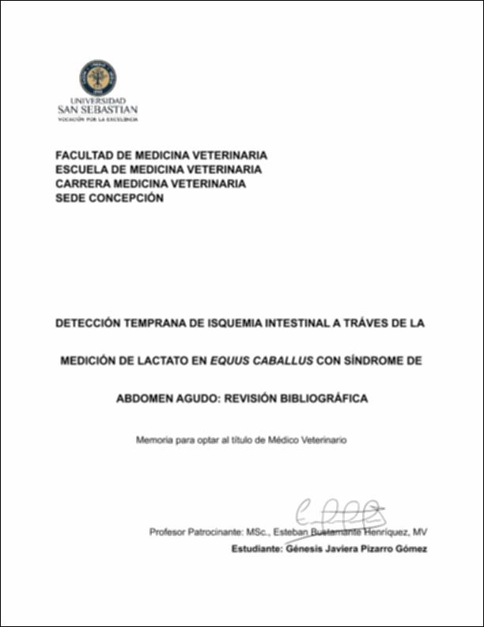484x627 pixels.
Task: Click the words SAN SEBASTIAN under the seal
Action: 98,111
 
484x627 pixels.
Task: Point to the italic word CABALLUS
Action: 281,361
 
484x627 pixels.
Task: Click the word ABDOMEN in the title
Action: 145,399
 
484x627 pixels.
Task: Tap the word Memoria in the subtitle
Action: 156,438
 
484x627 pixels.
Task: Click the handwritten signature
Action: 340,513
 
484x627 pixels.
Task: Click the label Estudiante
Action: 259,548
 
